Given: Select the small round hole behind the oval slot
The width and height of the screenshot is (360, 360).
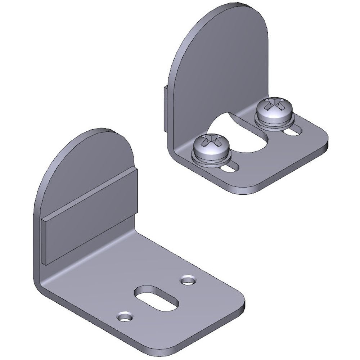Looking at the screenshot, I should tap(188, 279).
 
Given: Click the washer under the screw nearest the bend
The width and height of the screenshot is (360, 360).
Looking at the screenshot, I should tap(211, 158).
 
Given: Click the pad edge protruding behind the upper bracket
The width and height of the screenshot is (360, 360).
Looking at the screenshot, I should tap(165, 108).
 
